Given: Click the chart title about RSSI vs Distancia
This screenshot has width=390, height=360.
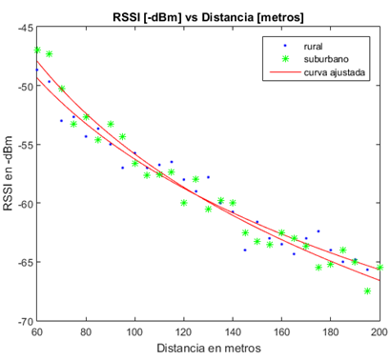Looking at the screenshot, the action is tap(208, 17).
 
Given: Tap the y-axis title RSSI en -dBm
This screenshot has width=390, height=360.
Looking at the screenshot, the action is tap(8, 173).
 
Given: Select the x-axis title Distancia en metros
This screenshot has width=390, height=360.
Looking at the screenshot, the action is tap(209, 348).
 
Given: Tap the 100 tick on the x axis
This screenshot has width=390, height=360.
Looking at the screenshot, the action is tap(134, 331).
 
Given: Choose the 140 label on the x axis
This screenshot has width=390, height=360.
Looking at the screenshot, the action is tap(233, 331).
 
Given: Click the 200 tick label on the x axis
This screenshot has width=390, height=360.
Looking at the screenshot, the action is tap(380, 331).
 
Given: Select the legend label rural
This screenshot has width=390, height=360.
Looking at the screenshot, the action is tap(313, 47).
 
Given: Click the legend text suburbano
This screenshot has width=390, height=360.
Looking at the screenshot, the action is tap(326, 59).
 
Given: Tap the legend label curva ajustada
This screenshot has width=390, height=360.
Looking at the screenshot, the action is tap(335, 72).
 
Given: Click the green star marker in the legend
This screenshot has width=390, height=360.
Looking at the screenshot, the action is tap(285, 59).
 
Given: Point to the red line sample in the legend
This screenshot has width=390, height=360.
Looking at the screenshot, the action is tap(285, 72).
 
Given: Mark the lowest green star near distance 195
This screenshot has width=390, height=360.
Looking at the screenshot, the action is tap(367, 290).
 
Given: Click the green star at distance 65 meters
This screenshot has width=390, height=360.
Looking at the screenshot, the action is tap(50, 54).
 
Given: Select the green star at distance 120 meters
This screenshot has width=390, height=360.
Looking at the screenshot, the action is tap(184, 203).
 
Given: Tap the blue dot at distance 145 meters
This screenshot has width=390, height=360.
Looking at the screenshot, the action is tap(245, 250).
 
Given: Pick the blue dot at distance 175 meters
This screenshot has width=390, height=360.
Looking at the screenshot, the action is tap(318, 231).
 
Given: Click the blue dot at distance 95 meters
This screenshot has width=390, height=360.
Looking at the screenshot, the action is tap(123, 168).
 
